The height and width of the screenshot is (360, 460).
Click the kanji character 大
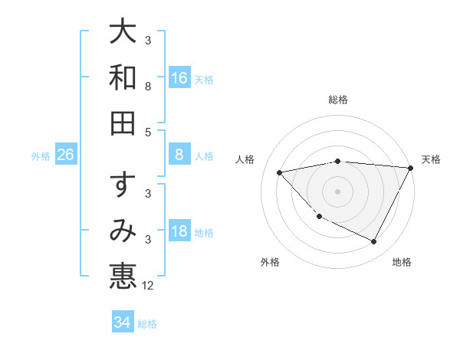[x=123, y=31]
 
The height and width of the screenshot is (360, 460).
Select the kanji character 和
[x=123, y=77]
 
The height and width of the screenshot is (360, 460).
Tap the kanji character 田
[x=123, y=123]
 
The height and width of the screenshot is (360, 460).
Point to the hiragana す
[x=123, y=185]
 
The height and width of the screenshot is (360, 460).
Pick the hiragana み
[x=123, y=231]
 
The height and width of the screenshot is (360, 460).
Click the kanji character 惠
[x=123, y=277]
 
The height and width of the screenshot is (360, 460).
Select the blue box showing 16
[x=179, y=78]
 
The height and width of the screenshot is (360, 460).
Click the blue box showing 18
[x=179, y=232]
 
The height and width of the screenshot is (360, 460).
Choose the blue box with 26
[x=66, y=155]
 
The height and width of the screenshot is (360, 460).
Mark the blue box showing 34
[x=123, y=322]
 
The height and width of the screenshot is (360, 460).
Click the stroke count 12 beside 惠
[x=148, y=286]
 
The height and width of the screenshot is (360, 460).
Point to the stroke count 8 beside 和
[x=148, y=87]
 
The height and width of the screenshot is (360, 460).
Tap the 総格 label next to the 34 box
[x=147, y=324]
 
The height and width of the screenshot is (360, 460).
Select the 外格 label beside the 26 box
[x=41, y=156]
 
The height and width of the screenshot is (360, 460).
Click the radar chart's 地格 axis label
[x=402, y=262]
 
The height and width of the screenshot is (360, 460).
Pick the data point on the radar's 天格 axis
[x=412, y=168]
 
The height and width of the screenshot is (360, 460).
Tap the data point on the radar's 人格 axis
[x=280, y=172]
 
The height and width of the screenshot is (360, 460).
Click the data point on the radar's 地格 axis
[x=374, y=242]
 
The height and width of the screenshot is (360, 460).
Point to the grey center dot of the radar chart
[x=338, y=191]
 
